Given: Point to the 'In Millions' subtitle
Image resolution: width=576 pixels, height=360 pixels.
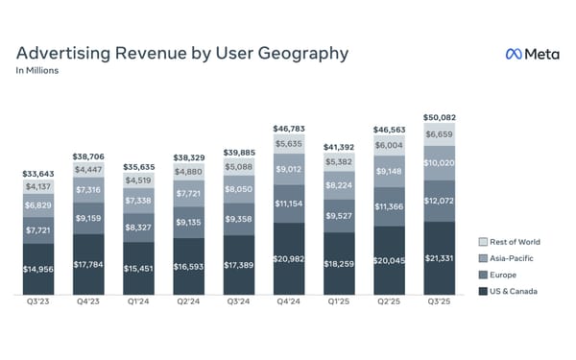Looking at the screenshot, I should [x=36, y=72].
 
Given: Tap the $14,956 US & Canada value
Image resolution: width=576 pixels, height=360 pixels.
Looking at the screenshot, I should [x=39, y=269].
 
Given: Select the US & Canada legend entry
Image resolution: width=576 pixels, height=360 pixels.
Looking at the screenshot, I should [x=516, y=290].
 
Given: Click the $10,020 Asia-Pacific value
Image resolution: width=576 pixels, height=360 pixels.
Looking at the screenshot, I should [x=440, y=162].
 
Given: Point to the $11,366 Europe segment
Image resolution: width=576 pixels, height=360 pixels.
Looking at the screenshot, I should [x=390, y=206].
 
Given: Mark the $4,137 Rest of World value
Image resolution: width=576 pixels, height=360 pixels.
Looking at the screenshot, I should [x=39, y=187].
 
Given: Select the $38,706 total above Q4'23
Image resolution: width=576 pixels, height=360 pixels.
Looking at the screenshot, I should [x=89, y=155].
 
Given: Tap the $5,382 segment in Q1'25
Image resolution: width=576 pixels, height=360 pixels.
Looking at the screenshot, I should [x=340, y=162].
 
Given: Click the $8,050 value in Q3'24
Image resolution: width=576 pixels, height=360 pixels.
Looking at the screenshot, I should [x=240, y=190].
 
